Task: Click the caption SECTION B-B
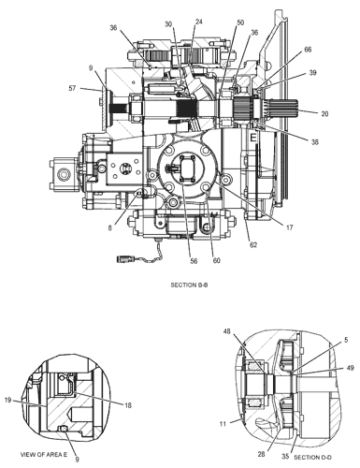click(x=189, y=285)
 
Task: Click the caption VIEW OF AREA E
click(x=44, y=454)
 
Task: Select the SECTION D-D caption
click(x=312, y=458)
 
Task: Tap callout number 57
click(x=72, y=88)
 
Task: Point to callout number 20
click(x=324, y=114)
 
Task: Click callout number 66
click(x=308, y=50)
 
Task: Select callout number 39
click(x=312, y=72)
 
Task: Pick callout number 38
click(x=315, y=142)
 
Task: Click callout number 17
click(x=290, y=227)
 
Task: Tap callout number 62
click(x=253, y=245)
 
